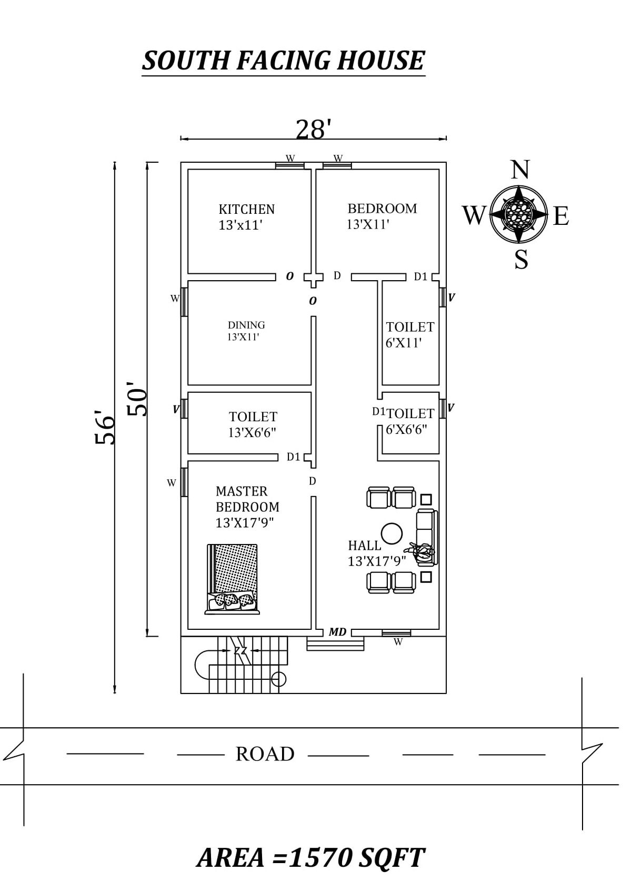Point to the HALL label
(365, 546)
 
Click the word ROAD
(265, 754)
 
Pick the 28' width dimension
(313, 130)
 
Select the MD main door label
(337, 631)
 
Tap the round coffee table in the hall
(392, 533)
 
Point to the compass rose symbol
(519, 214)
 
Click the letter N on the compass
(520, 170)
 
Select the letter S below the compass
(521, 260)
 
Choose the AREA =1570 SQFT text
(310, 857)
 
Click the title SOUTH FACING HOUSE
(283, 61)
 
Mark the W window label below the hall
(398, 642)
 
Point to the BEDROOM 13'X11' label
(382, 216)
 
